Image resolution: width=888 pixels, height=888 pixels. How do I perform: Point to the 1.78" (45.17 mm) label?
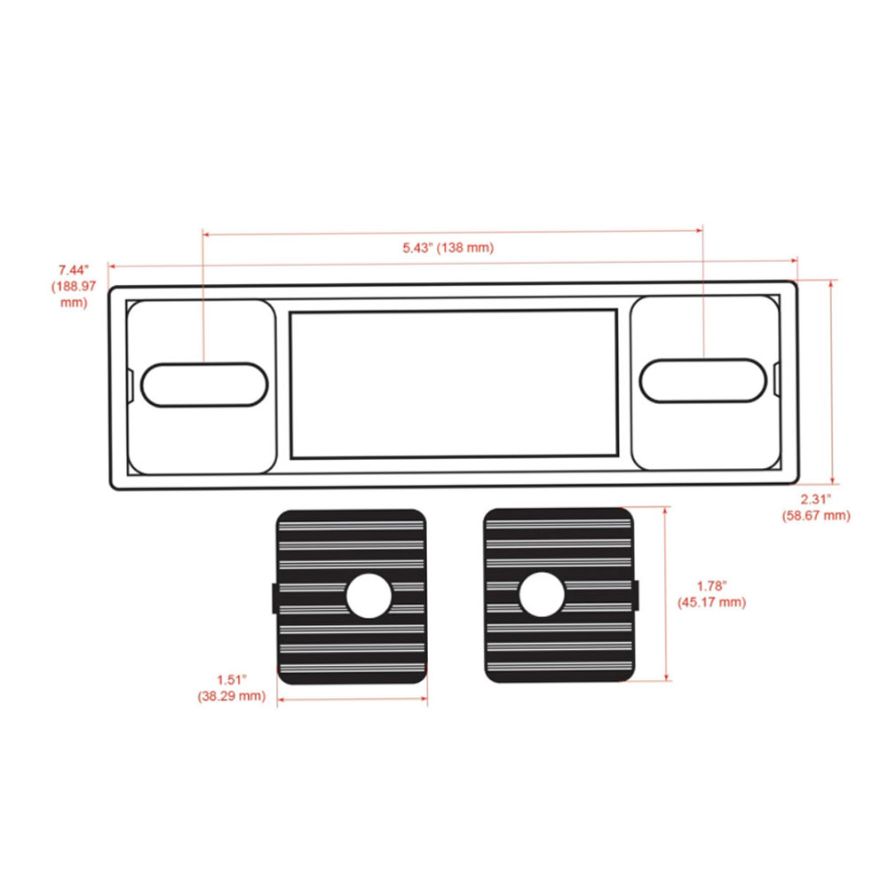[711, 594]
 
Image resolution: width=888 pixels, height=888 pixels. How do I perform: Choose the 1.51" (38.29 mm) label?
[232, 689]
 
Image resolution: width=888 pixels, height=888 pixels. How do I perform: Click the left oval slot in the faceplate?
[204, 385]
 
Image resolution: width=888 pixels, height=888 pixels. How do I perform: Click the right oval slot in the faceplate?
[703, 380]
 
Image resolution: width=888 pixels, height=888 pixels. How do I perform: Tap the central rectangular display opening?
[454, 384]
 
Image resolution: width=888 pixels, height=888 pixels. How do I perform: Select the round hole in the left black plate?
[369, 596]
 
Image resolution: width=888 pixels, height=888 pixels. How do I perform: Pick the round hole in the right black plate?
[541, 595]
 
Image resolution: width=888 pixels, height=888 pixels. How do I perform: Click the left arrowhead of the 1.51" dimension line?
[281, 700]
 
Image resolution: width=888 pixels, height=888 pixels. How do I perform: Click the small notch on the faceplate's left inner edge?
[131, 385]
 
